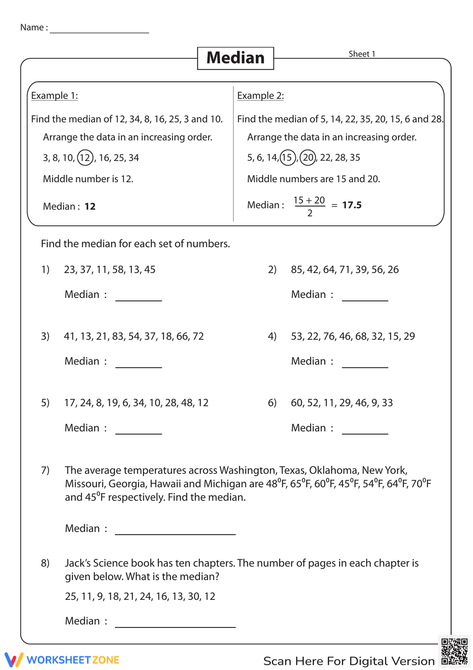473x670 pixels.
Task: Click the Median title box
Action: tap(236, 58)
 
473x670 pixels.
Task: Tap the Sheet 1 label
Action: tap(362, 54)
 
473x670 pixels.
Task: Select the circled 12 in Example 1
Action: tap(85, 158)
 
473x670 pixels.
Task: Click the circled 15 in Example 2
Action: tap(288, 157)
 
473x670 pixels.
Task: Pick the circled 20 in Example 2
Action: tap(308, 157)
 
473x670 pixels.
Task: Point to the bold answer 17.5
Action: tap(352, 205)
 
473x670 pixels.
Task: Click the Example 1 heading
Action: tap(54, 96)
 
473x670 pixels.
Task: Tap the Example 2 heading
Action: tap(261, 96)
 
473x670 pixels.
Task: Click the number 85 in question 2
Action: tap(297, 269)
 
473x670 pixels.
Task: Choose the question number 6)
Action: tap(272, 402)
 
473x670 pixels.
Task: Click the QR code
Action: tap(454, 652)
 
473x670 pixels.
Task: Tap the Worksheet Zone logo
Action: tap(62, 660)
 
